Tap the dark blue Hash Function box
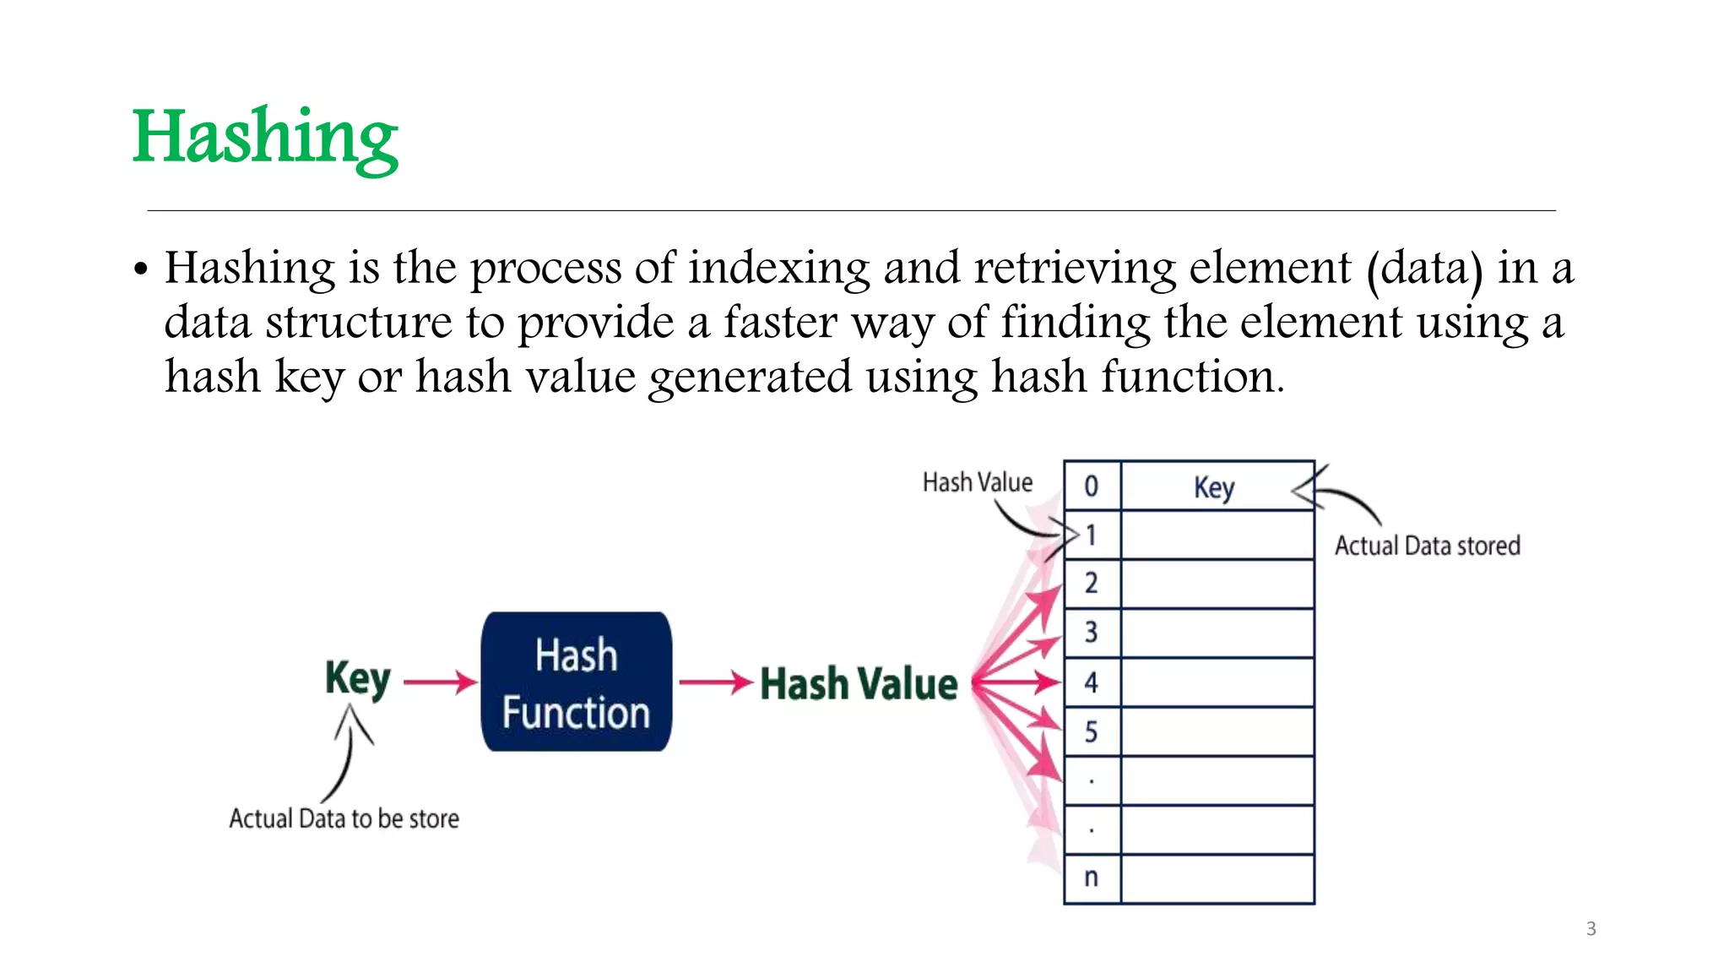click(577, 682)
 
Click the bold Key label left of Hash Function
click(358, 678)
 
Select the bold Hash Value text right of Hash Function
click(859, 683)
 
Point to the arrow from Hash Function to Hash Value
click(716, 682)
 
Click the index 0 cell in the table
click(1092, 486)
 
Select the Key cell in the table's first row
click(1216, 486)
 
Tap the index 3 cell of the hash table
click(1092, 632)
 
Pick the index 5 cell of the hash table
click(1092, 731)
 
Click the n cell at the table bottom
click(1092, 878)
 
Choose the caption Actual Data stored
click(1427, 546)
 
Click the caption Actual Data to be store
click(344, 818)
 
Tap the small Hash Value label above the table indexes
click(978, 482)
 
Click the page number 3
click(1591, 929)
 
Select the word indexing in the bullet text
click(778, 269)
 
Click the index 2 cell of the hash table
click(1092, 583)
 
